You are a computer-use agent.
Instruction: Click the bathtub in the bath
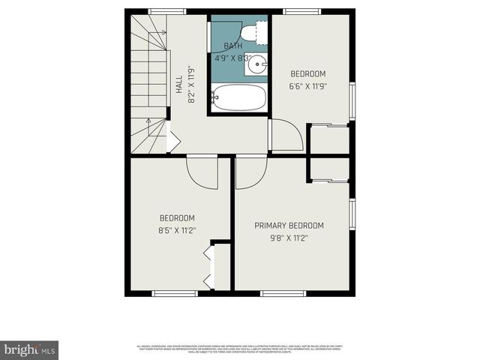239,97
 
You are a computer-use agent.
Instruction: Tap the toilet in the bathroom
255,32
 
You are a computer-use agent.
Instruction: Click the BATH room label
233,46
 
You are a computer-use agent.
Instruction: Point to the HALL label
179,83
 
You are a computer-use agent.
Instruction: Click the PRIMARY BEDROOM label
289,226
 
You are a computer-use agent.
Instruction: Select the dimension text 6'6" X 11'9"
308,85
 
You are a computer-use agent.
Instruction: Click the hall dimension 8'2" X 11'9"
191,83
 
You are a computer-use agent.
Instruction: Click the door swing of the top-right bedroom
286,136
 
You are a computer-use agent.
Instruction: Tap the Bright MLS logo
30,349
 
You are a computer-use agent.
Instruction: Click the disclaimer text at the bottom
240,349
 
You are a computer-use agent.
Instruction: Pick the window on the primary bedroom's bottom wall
293,293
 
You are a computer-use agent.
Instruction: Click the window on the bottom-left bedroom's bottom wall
175,293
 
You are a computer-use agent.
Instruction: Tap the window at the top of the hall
167,11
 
